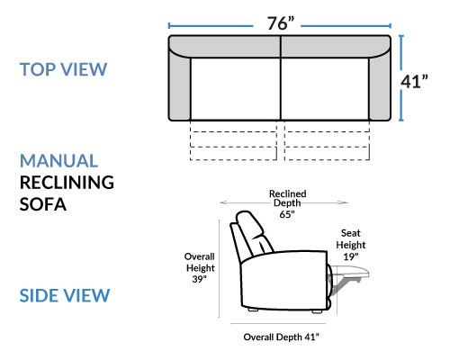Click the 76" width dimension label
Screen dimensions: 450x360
(281, 23)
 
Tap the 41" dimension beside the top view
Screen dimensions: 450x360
(414, 81)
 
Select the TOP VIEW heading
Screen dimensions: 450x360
(63, 69)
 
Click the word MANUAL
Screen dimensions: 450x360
(58, 160)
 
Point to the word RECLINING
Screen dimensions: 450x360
(67, 183)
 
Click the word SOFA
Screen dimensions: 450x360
(43, 204)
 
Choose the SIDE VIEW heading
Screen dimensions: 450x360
(65, 295)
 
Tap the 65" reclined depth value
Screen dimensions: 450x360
(287, 214)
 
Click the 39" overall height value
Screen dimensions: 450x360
(200, 279)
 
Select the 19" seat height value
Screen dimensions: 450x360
(351, 256)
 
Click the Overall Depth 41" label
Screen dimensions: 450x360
(281, 337)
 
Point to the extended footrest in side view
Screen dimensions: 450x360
(350, 273)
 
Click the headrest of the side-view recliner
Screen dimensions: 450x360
(249, 223)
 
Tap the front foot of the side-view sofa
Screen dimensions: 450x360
(317, 311)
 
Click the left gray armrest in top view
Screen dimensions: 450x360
(179, 85)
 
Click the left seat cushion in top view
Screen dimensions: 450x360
(236, 89)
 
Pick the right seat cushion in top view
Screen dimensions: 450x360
(325, 89)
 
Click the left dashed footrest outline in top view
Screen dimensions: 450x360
(233, 140)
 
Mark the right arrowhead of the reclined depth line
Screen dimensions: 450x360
(344, 202)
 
